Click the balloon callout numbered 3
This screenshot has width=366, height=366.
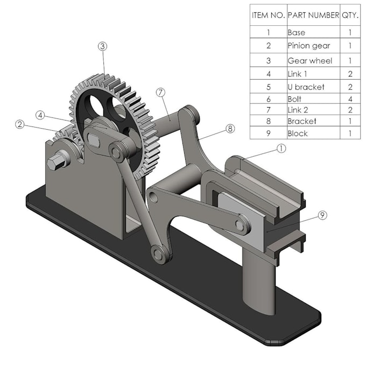102,46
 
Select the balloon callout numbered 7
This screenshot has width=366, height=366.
160,92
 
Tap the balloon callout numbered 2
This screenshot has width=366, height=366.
20,124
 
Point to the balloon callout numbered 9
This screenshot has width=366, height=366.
322,215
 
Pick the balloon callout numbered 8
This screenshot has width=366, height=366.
230,129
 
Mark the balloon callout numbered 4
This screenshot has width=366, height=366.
40,115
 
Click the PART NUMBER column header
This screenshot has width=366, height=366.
313,15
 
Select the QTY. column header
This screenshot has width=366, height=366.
350,15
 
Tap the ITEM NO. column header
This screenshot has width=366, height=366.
268,15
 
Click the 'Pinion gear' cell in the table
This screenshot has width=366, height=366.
313,46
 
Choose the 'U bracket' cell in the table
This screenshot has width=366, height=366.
313,87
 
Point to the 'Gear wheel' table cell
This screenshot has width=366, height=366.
313,60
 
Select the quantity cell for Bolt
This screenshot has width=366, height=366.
350,99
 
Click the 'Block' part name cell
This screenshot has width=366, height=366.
313,133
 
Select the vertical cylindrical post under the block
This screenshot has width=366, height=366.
258,280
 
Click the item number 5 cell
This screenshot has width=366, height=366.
268,87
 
